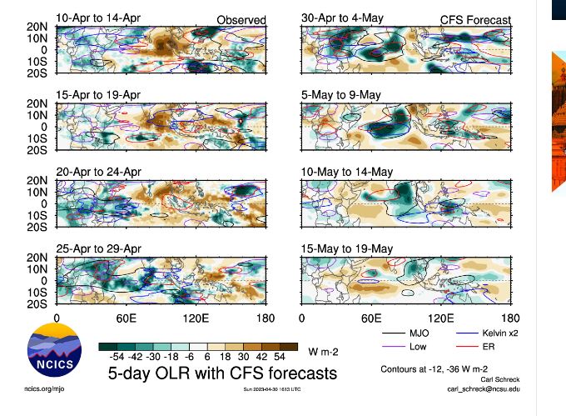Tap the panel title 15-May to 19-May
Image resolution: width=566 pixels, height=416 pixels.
point(347,248)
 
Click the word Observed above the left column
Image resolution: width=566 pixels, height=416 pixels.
point(241,20)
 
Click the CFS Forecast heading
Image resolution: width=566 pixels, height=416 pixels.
point(475,20)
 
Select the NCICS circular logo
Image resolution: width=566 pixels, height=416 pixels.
point(55,353)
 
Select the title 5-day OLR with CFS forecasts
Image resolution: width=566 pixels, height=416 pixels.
point(223,373)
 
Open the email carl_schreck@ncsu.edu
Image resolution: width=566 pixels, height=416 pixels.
point(484,388)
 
